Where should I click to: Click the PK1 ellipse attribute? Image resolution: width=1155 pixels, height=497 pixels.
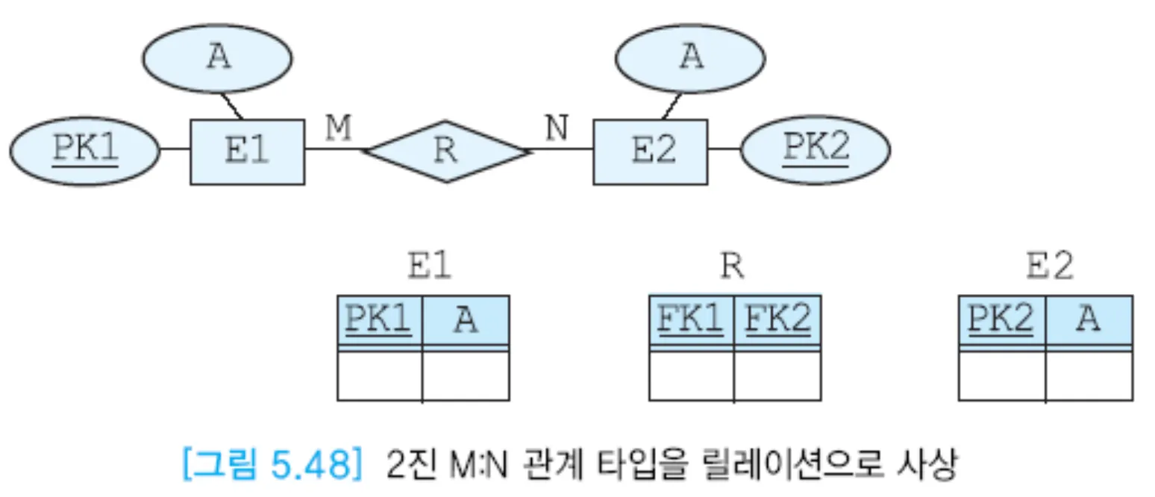tap(85, 151)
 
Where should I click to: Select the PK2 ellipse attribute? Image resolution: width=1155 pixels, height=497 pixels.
tap(816, 150)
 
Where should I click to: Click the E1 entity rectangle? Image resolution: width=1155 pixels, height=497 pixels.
tap(247, 151)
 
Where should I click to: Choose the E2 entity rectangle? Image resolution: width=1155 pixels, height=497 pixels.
tap(650, 151)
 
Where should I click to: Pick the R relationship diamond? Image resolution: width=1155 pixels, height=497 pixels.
tap(445, 151)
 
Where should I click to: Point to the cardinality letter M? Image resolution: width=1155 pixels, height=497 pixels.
tap(338, 129)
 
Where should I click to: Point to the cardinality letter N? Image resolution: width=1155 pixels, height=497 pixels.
tap(556, 129)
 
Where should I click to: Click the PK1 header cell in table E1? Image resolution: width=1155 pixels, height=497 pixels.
tap(379, 321)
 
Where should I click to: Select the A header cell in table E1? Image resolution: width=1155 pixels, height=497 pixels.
tap(466, 321)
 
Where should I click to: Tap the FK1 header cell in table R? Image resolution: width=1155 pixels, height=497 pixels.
tap(691, 321)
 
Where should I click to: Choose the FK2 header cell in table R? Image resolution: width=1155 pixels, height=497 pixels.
tap(777, 321)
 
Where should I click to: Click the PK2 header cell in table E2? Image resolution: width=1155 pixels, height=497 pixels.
tap(1001, 321)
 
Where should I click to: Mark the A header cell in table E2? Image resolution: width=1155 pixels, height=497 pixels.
tap(1089, 321)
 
